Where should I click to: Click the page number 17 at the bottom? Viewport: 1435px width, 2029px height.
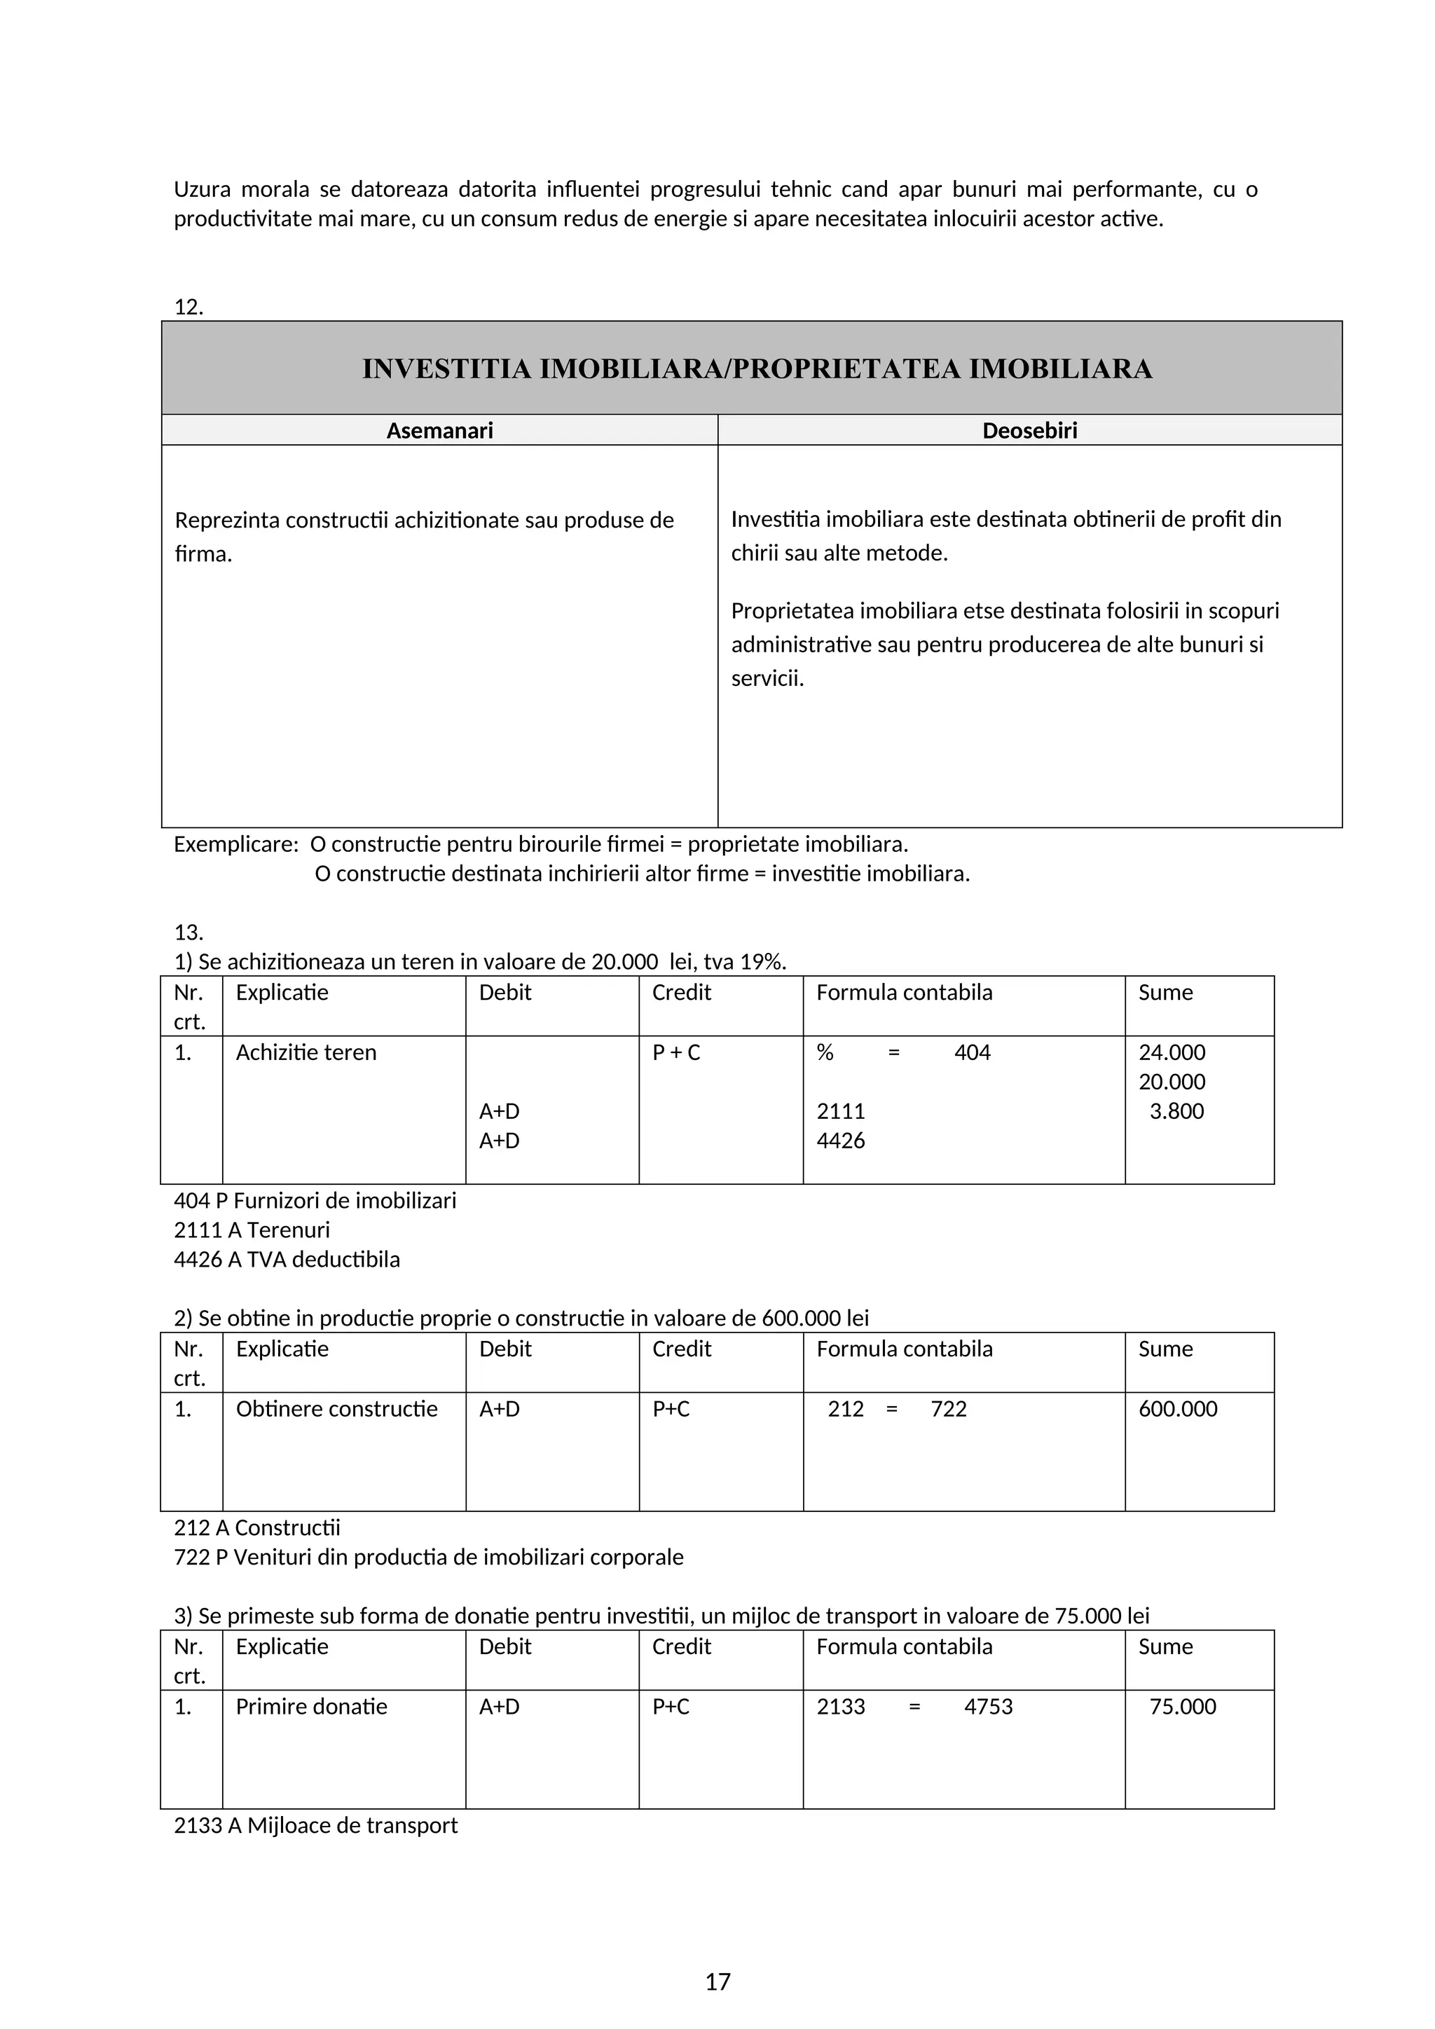[x=717, y=1981]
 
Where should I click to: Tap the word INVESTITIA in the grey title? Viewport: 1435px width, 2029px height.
[x=447, y=369]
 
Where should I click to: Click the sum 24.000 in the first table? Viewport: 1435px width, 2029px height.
[x=1172, y=1052]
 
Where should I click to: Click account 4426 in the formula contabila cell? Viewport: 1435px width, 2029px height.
[x=840, y=1140]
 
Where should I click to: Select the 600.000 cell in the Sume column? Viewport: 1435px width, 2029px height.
[x=1177, y=1409]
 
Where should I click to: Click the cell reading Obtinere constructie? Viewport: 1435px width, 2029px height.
[x=336, y=1409]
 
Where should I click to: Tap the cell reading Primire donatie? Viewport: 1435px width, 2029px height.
[x=311, y=1707]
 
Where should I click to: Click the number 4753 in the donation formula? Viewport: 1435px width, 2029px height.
[x=988, y=1707]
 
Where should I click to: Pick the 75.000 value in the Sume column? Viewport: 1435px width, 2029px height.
[x=1182, y=1707]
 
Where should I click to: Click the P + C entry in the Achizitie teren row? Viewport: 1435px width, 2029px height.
[x=676, y=1052]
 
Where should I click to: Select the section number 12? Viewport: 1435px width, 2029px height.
[x=188, y=307]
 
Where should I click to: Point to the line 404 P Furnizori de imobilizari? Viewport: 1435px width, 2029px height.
[x=315, y=1200]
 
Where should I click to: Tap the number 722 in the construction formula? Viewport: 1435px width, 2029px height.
[x=948, y=1409]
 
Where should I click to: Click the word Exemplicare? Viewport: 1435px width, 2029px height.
[x=235, y=844]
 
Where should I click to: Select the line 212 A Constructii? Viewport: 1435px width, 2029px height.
[x=256, y=1527]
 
